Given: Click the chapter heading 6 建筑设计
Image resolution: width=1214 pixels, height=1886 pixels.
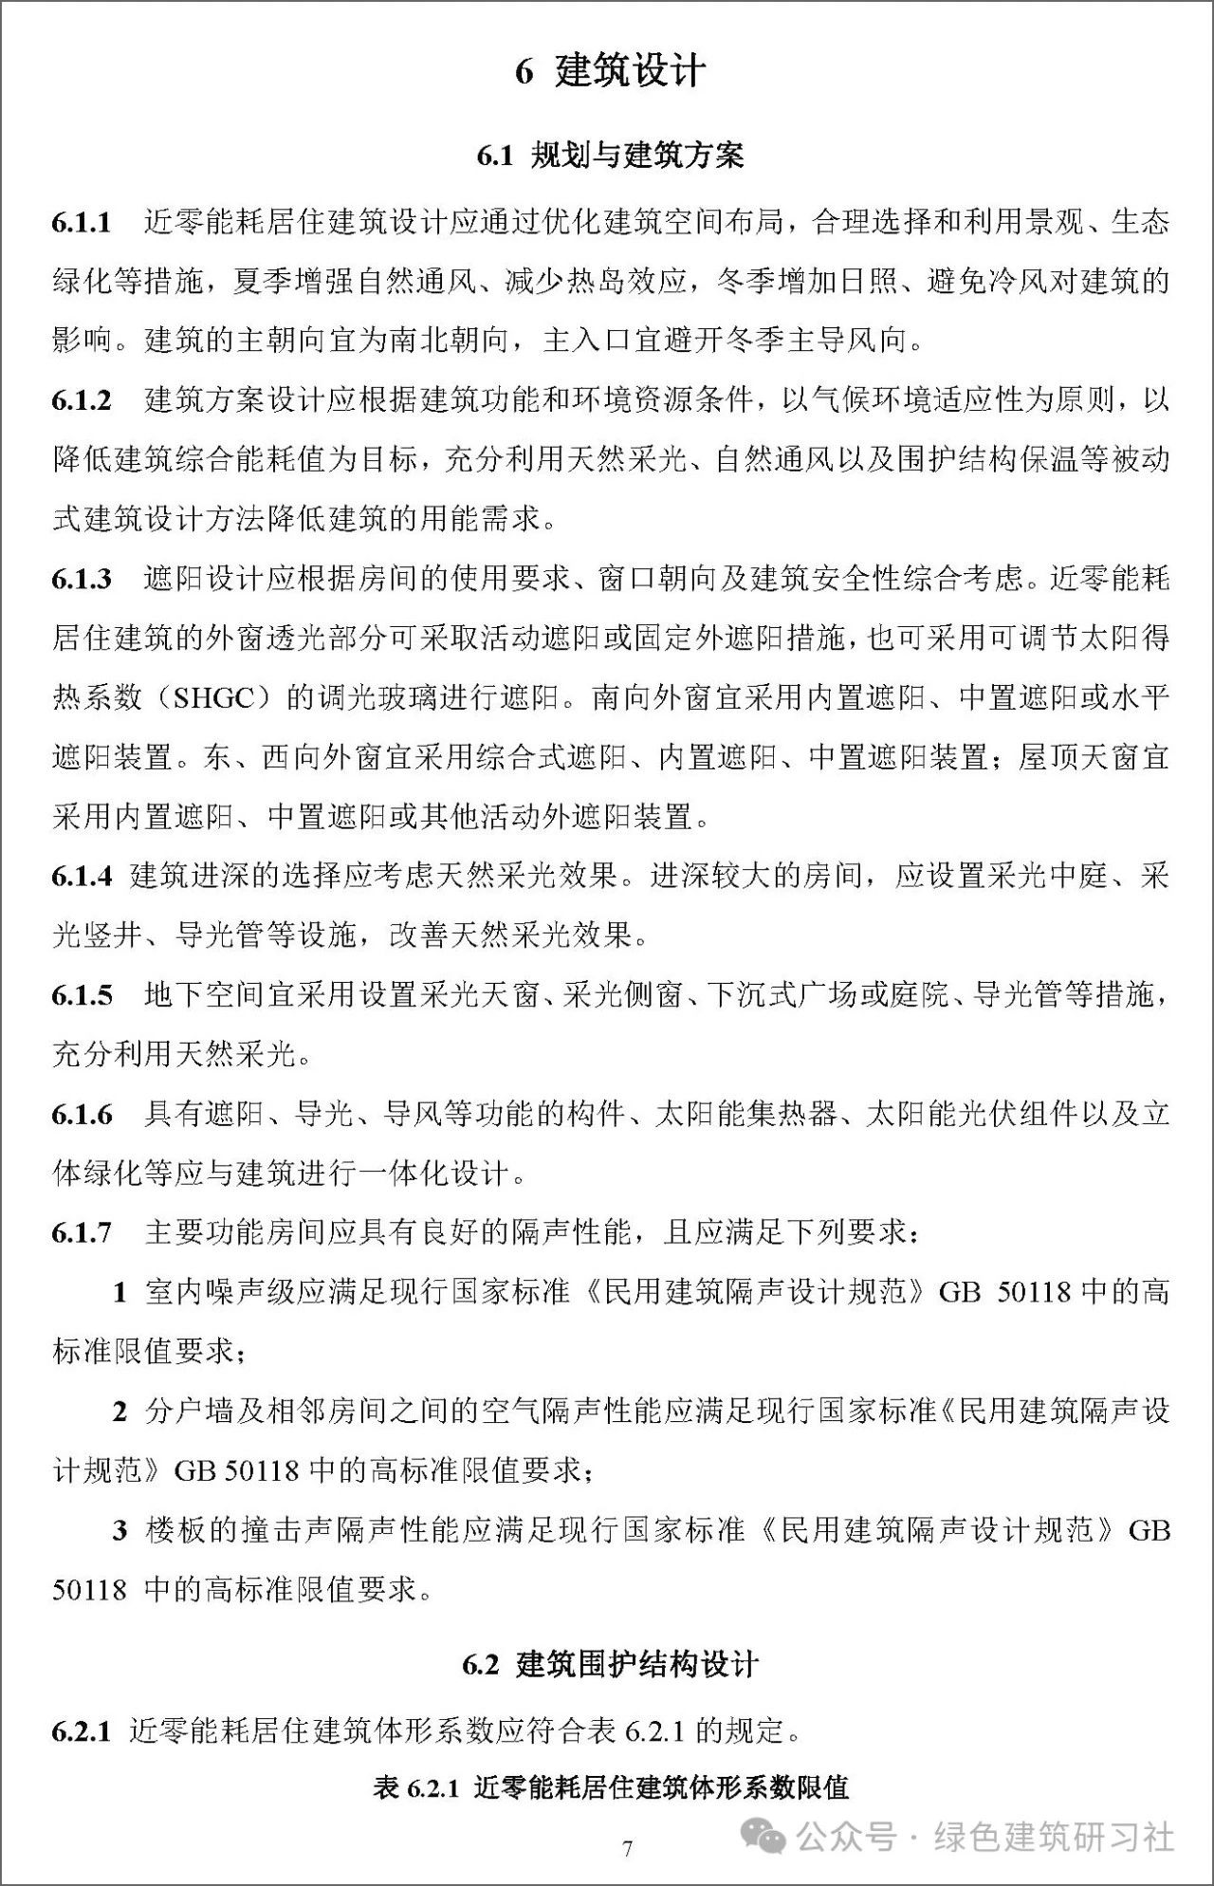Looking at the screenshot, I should (610, 72).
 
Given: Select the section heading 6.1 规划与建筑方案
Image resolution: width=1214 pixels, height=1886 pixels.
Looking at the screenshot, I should (610, 156).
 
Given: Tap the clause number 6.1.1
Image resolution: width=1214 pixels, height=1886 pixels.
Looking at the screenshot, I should (82, 223).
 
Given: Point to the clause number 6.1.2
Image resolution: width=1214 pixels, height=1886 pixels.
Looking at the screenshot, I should (82, 400).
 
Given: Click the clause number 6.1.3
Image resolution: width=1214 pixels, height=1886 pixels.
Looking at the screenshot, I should (82, 579).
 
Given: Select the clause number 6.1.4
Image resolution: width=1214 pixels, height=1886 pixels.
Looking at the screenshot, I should (82, 876).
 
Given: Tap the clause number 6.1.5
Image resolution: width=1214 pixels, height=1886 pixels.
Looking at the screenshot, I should (82, 995).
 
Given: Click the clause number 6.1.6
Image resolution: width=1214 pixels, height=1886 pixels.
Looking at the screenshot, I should (82, 1115).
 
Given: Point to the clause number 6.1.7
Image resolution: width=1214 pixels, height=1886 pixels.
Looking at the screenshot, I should (82, 1233).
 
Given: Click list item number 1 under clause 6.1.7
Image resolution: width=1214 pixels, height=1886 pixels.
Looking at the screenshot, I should (120, 1292).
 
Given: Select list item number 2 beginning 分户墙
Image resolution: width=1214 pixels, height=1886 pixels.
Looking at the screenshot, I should (120, 1412).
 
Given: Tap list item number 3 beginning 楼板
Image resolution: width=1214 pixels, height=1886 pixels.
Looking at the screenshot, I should (120, 1530).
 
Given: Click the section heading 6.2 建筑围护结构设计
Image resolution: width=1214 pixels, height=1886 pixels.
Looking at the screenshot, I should (610, 1665).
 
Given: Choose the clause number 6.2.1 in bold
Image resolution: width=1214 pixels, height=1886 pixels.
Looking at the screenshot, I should (82, 1731).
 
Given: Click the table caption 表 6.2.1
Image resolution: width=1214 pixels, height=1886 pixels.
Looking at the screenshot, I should (610, 1788).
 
